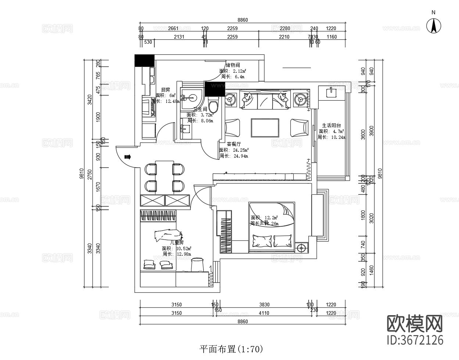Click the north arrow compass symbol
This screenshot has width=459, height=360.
[433, 26]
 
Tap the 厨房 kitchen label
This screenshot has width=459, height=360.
[165, 90]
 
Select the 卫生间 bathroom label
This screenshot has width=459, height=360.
[200, 109]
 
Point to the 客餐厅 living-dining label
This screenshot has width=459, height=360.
[234, 144]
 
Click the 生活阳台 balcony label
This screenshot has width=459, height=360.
[331, 125]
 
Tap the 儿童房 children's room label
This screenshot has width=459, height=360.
[176, 242]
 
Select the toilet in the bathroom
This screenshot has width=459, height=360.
[213, 104]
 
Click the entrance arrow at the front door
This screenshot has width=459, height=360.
[128, 157]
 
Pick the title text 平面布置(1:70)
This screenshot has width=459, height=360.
[231, 349]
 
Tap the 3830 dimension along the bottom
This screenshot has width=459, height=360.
[264, 305]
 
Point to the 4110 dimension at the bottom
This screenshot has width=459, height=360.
[264, 313]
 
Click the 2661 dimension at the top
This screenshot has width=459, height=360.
[173, 28]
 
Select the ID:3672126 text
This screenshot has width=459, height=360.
[416, 340]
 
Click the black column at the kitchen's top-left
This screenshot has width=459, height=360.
[144, 60]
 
